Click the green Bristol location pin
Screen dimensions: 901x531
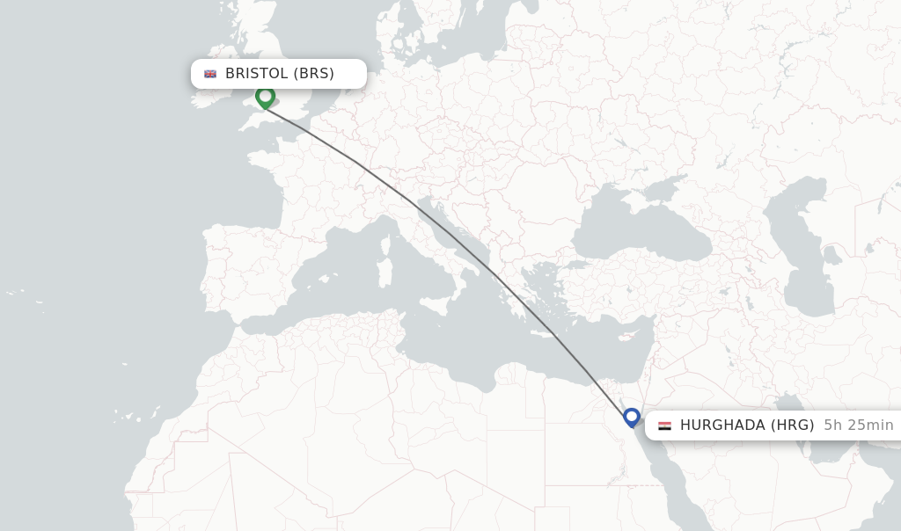click(265, 97)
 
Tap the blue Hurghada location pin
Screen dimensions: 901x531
click(631, 417)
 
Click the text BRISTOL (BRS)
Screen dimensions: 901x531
click(279, 74)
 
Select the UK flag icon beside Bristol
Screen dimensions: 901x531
click(210, 74)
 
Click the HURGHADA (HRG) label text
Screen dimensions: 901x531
click(746, 426)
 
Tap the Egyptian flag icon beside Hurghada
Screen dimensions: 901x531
click(664, 426)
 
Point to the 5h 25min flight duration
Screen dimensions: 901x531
click(858, 426)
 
